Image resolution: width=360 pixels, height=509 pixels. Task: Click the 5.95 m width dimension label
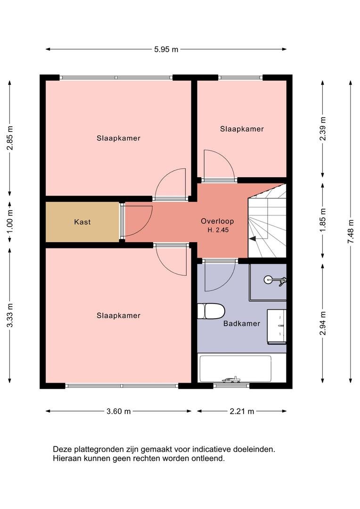click(x=166, y=49)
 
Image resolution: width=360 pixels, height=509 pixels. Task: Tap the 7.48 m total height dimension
click(x=351, y=231)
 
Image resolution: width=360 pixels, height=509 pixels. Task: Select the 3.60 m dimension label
click(x=118, y=411)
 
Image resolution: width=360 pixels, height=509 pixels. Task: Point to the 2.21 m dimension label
click(x=242, y=411)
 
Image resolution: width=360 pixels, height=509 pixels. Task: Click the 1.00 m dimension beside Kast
click(x=10, y=222)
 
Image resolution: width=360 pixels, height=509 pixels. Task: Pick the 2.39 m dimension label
click(x=323, y=129)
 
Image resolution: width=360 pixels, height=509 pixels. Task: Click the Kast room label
click(x=82, y=222)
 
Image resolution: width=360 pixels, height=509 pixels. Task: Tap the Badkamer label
click(x=242, y=323)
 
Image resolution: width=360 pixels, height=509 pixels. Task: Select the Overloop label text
click(x=217, y=221)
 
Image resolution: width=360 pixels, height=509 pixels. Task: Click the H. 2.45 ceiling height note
click(x=218, y=230)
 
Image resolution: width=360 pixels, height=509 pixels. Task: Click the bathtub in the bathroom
click(x=235, y=369)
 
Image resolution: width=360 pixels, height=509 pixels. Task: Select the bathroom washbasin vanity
click(x=277, y=327)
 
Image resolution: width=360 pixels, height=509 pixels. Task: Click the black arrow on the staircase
click(x=253, y=239)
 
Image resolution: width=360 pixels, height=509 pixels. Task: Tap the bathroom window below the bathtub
click(x=231, y=386)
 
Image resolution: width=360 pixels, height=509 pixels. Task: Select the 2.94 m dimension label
click(x=323, y=323)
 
